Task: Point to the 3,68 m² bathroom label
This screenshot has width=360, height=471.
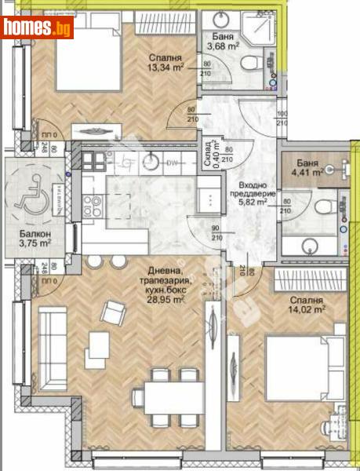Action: point(227,45)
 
